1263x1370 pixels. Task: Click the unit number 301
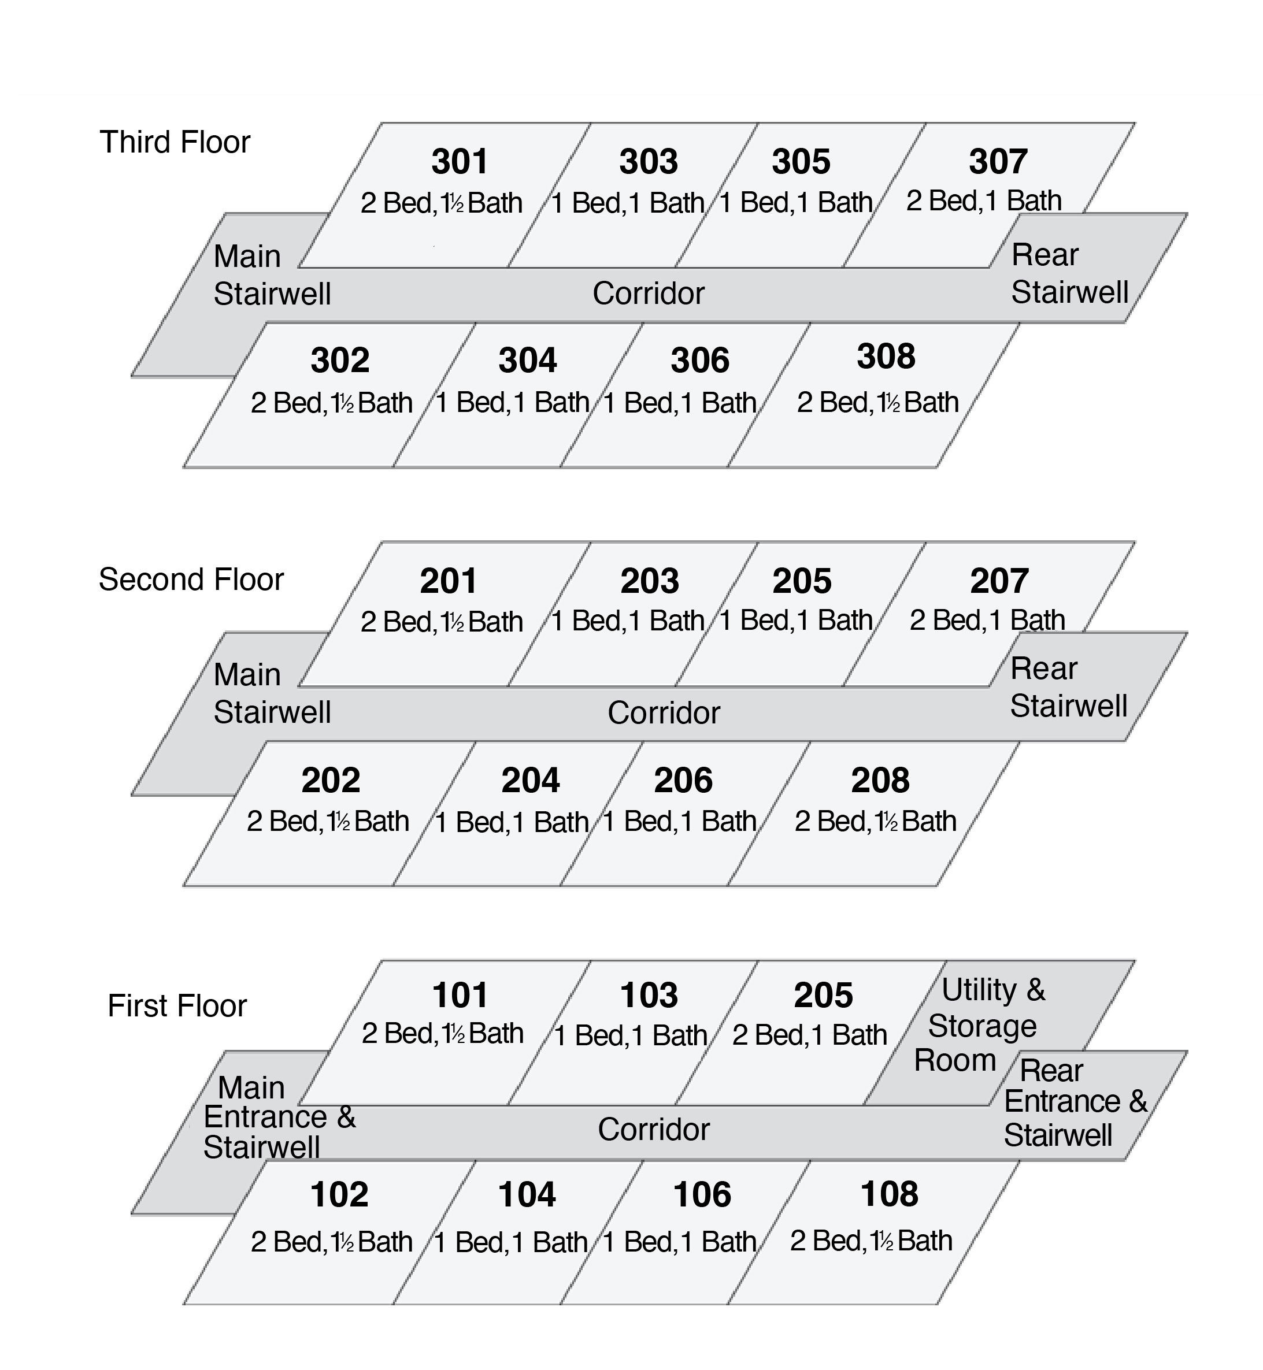(x=460, y=161)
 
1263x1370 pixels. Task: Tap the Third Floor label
(x=175, y=142)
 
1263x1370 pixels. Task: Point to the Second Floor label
(x=191, y=580)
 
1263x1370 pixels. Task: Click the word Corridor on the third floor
(x=649, y=293)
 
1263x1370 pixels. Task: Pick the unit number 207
(x=999, y=581)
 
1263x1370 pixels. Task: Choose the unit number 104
(x=527, y=1194)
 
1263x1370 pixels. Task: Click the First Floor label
(x=177, y=1006)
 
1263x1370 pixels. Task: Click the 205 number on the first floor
(x=824, y=996)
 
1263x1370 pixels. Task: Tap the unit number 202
(x=331, y=780)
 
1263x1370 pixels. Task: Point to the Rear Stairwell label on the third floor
(x=1069, y=273)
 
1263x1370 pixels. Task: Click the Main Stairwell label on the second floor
(x=272, y=693)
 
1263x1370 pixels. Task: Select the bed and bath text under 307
(x=984, y=201)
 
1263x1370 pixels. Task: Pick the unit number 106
(x=702, y=1194)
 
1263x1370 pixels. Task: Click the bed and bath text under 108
(x=872, y=1241)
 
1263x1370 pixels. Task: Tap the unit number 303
(x=649, y=161)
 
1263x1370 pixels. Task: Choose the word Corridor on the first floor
(x=654, y=1130)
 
